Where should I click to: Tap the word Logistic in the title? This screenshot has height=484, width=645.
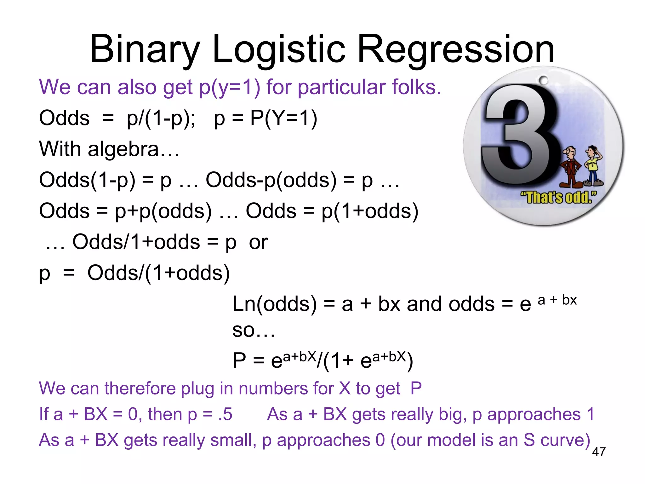(x=279, y=50)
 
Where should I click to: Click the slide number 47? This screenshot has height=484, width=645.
(x=599, y=452)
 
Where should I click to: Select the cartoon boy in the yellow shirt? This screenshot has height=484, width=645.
(x=594, y=165)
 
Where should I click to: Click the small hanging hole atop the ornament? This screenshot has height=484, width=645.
(x=543, y=81)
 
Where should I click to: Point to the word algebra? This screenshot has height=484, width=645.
(x=123, y=149)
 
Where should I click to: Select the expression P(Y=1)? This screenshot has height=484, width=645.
(x=283, y=118)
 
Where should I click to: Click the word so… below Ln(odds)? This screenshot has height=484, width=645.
(x=254, y=331)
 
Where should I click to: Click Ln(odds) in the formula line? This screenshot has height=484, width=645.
(x=274, y=304)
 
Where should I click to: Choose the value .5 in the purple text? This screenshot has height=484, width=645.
(x=225, y=414)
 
